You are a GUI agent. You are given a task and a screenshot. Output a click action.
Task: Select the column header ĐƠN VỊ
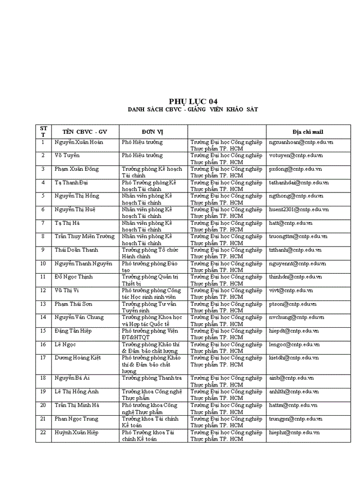(x=153, y=132)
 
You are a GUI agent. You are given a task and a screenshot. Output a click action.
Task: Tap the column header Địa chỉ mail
(x=308, y=132)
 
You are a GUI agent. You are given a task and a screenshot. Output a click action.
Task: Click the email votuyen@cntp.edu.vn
(x=296, y=155)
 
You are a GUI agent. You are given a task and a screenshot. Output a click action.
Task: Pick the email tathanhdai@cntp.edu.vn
(x=299, y=183)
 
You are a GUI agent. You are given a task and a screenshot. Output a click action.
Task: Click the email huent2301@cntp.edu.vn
(x=299, y=209)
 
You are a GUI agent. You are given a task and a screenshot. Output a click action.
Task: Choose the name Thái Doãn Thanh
(x=76, y=250)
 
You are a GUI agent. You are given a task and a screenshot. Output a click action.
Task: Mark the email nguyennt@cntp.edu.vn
(x=297, y=263)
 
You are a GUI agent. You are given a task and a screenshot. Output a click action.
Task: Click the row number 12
(x=43, y=290)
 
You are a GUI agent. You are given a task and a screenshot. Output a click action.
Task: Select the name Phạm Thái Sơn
(x=74, y=304)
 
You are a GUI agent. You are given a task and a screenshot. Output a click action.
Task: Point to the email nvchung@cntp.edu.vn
(x=297, y=317)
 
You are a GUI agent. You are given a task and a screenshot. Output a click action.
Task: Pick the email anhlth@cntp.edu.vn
(x=294, y=392)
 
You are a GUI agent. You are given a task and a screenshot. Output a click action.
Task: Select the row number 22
(x=43, y=432)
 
